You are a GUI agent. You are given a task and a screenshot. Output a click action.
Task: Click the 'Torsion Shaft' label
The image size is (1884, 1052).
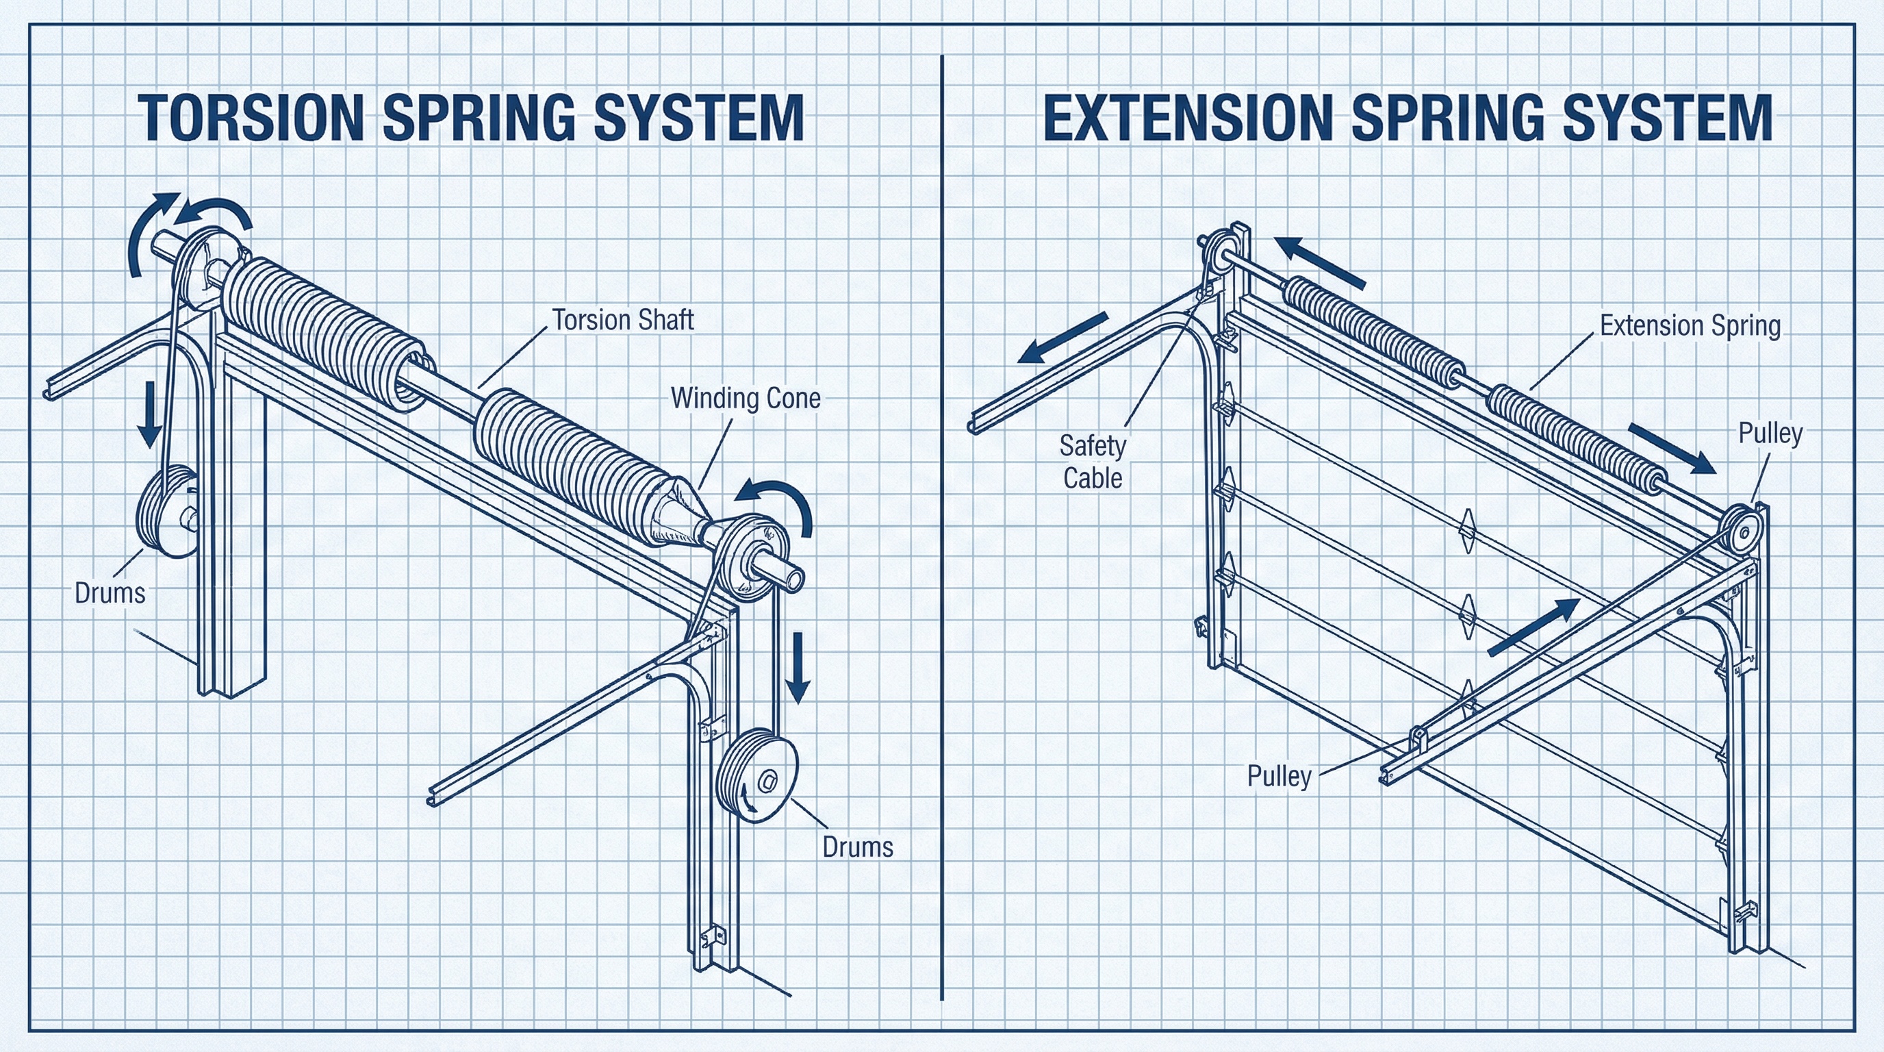[622, 320]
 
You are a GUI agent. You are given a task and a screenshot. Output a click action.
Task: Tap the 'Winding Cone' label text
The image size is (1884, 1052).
[746, 398]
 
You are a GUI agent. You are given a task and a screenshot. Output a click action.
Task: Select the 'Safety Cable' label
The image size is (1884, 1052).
[1093, 462]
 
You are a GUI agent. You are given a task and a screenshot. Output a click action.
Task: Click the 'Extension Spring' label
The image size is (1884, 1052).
[1690, 325]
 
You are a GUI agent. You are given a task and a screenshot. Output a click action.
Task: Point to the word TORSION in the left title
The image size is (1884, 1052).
[251, 117]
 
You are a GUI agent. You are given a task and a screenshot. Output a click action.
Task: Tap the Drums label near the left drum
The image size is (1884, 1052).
[110, 592]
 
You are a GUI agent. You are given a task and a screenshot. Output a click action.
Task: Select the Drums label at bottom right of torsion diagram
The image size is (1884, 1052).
[857, 847]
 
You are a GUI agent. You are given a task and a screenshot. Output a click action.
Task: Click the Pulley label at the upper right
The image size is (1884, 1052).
[1770, 433]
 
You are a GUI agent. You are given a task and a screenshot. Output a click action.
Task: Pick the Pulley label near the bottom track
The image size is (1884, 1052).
[1278, 776]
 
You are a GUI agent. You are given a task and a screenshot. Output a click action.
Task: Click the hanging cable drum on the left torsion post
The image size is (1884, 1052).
[167, 512]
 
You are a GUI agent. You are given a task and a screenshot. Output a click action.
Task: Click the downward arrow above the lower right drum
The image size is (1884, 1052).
[798, 666]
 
